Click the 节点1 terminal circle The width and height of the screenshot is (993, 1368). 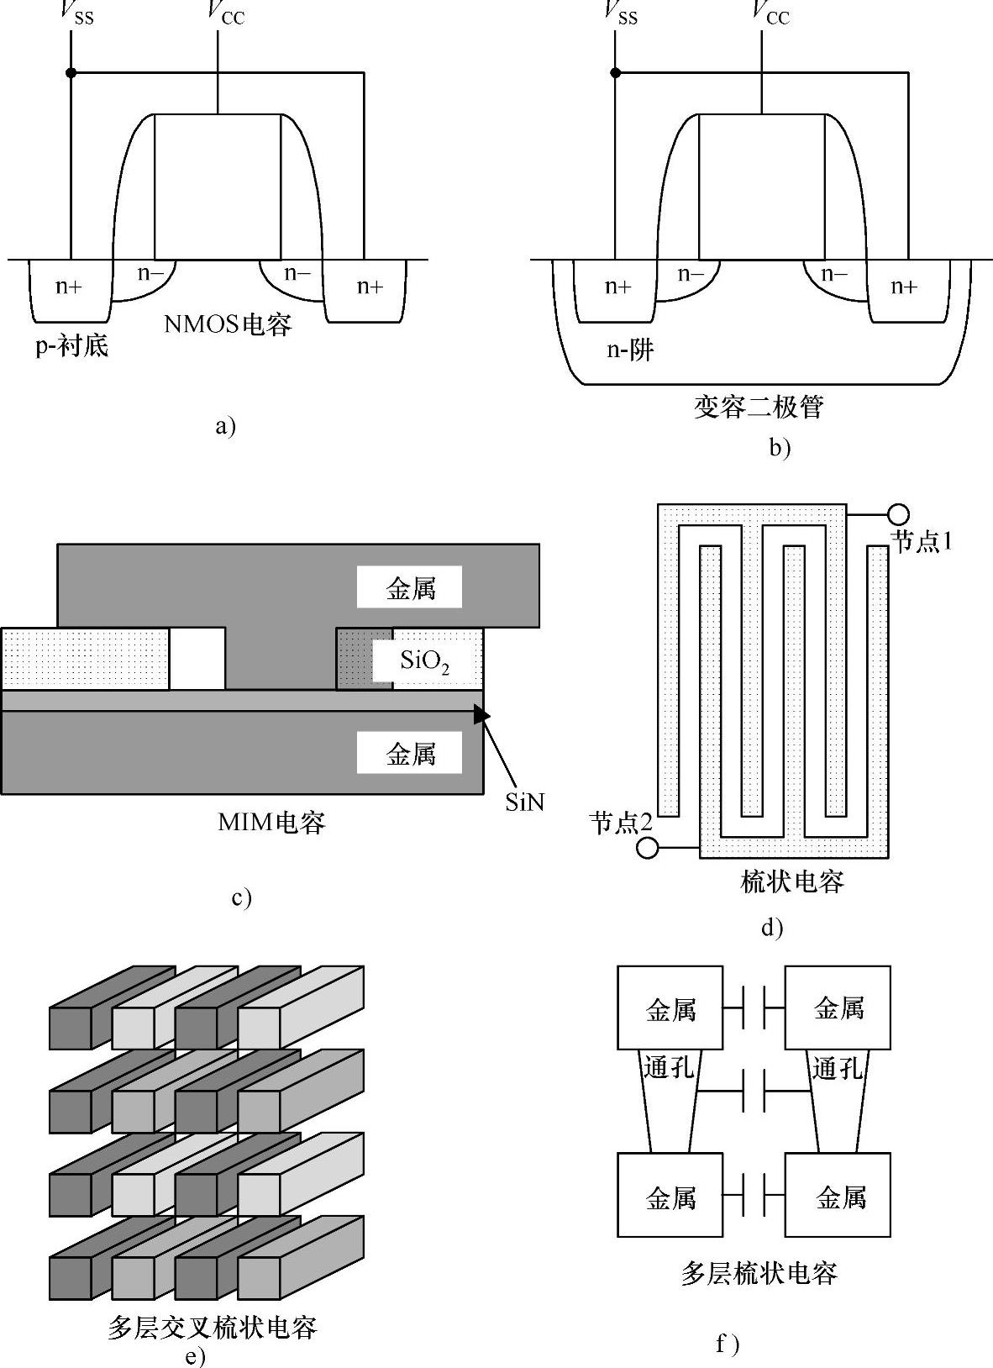(898, 514)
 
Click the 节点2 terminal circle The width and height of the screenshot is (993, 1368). (648, 848)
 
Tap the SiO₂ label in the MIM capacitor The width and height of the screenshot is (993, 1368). (425, 661)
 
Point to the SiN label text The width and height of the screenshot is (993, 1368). (525, 802)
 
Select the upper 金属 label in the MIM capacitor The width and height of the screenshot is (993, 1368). (411, 588)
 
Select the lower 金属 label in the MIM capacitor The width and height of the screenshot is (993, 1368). (411, 755)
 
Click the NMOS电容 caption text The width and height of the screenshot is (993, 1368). (228, 324)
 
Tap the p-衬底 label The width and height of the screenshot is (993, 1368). (72, 345)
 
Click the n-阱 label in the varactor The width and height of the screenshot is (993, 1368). (630, 350)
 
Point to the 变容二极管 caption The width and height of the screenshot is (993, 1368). (759, 407)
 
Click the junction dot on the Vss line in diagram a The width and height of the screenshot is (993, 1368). (71, 72)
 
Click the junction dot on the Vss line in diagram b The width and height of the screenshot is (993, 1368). (616, 72)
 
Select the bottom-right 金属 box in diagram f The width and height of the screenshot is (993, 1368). (838, 1195)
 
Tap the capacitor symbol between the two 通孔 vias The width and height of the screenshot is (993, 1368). (754, 1091)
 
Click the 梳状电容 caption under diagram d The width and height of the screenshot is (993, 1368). (792, 881)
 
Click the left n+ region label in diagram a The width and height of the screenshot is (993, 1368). (69, 286)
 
